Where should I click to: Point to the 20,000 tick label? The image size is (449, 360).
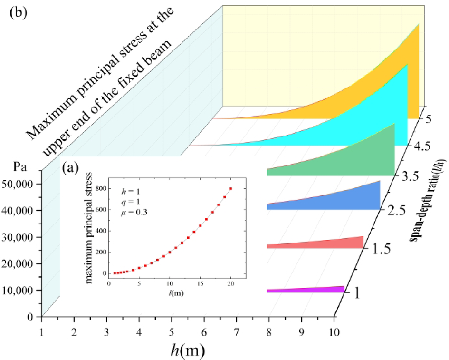pos(22,263)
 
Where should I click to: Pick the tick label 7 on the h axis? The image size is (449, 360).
pos(237,330)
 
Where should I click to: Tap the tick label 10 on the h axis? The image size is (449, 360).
pos(334,330)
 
